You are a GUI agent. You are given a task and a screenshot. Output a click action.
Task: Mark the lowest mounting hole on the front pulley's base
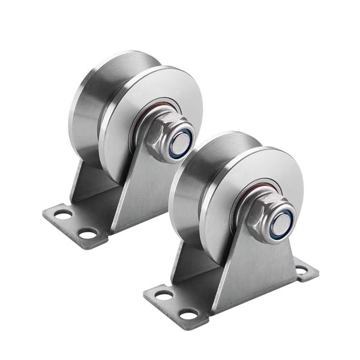pos(189,314)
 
